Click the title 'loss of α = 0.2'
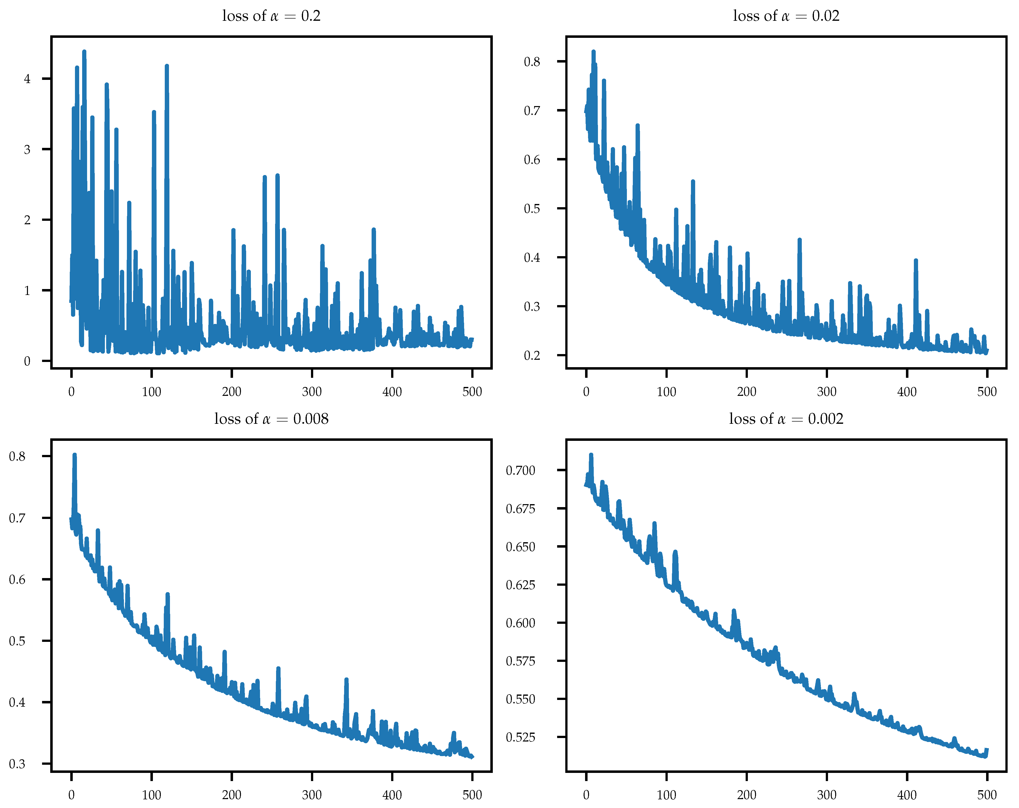[271, 16]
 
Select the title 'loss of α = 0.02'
[786, 16]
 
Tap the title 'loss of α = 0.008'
[271, 419]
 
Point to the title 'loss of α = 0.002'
[786, 419]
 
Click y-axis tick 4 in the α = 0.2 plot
[27, 79]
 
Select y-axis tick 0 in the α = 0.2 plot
[27, 361]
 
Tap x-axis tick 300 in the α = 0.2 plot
[312, 391]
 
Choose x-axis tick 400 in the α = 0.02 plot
[906, 391]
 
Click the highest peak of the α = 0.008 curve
[74, 455]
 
